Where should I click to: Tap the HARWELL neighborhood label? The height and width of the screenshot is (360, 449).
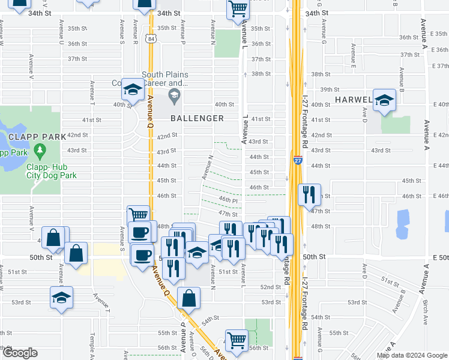tap(354, 99)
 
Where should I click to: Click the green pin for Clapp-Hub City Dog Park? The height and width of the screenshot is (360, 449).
tap(40, 149)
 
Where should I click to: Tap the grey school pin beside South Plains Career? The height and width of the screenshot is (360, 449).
tap(174, 94)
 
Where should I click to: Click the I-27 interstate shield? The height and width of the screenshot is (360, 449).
tap(298, 160)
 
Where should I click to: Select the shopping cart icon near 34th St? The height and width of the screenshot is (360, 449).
tap(238, 9)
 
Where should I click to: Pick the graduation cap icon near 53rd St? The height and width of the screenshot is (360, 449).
tap(61, 298)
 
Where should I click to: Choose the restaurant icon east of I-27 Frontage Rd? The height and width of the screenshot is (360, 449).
tap(310, 194)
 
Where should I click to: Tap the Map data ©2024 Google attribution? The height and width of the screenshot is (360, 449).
tap(412, 355)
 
